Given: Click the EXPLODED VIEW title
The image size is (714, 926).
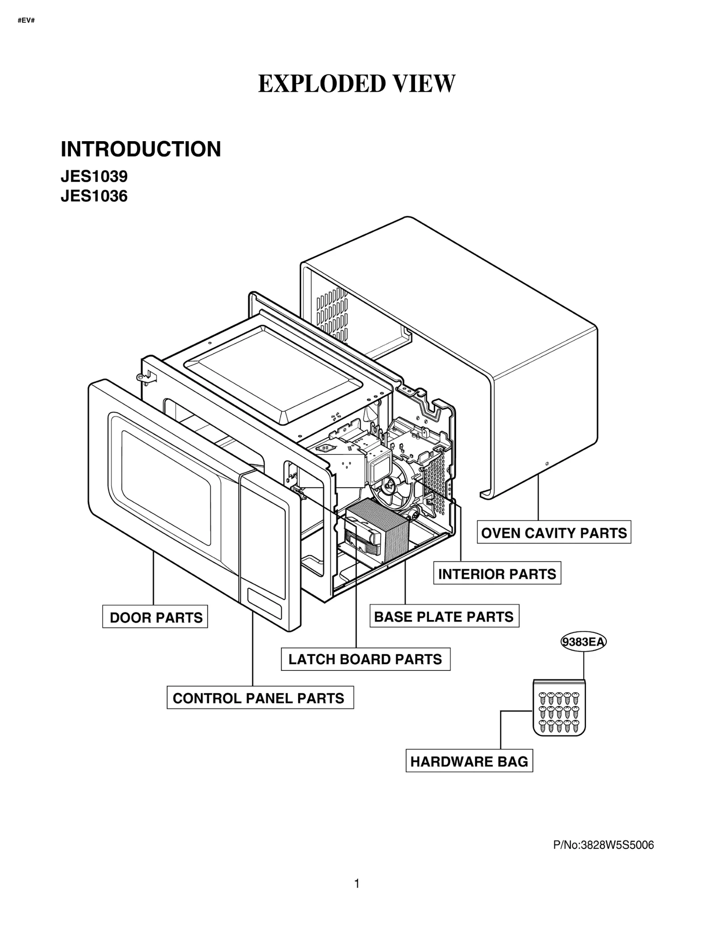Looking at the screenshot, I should coord(357,84).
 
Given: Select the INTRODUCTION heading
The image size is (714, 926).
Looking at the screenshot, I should coord(141,149).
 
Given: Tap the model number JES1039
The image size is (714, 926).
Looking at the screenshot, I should coord(94,177).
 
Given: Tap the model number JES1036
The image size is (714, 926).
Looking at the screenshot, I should coord(94,196).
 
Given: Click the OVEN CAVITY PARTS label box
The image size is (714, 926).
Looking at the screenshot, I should coord(553,533).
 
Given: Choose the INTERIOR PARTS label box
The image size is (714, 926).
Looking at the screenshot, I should coord(497,574).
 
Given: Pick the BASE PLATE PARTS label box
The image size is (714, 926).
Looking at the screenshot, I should coord(444,617).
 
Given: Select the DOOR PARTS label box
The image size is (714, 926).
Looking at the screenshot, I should coord(155,618).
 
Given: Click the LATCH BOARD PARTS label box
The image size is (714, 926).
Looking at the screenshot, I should coord(365,659).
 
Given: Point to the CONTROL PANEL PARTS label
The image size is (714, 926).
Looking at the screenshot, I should coord(260,698).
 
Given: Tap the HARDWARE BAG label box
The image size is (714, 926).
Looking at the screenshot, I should coord(469,762).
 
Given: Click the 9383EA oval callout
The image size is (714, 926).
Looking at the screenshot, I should coord(583,642).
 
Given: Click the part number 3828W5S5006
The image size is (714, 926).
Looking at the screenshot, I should coord(603,845).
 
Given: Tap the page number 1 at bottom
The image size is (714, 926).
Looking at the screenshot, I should coord(357,884).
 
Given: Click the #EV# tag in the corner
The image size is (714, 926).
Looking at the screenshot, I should coord(26,21).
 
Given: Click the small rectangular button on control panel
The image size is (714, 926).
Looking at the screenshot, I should coord(265,603).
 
